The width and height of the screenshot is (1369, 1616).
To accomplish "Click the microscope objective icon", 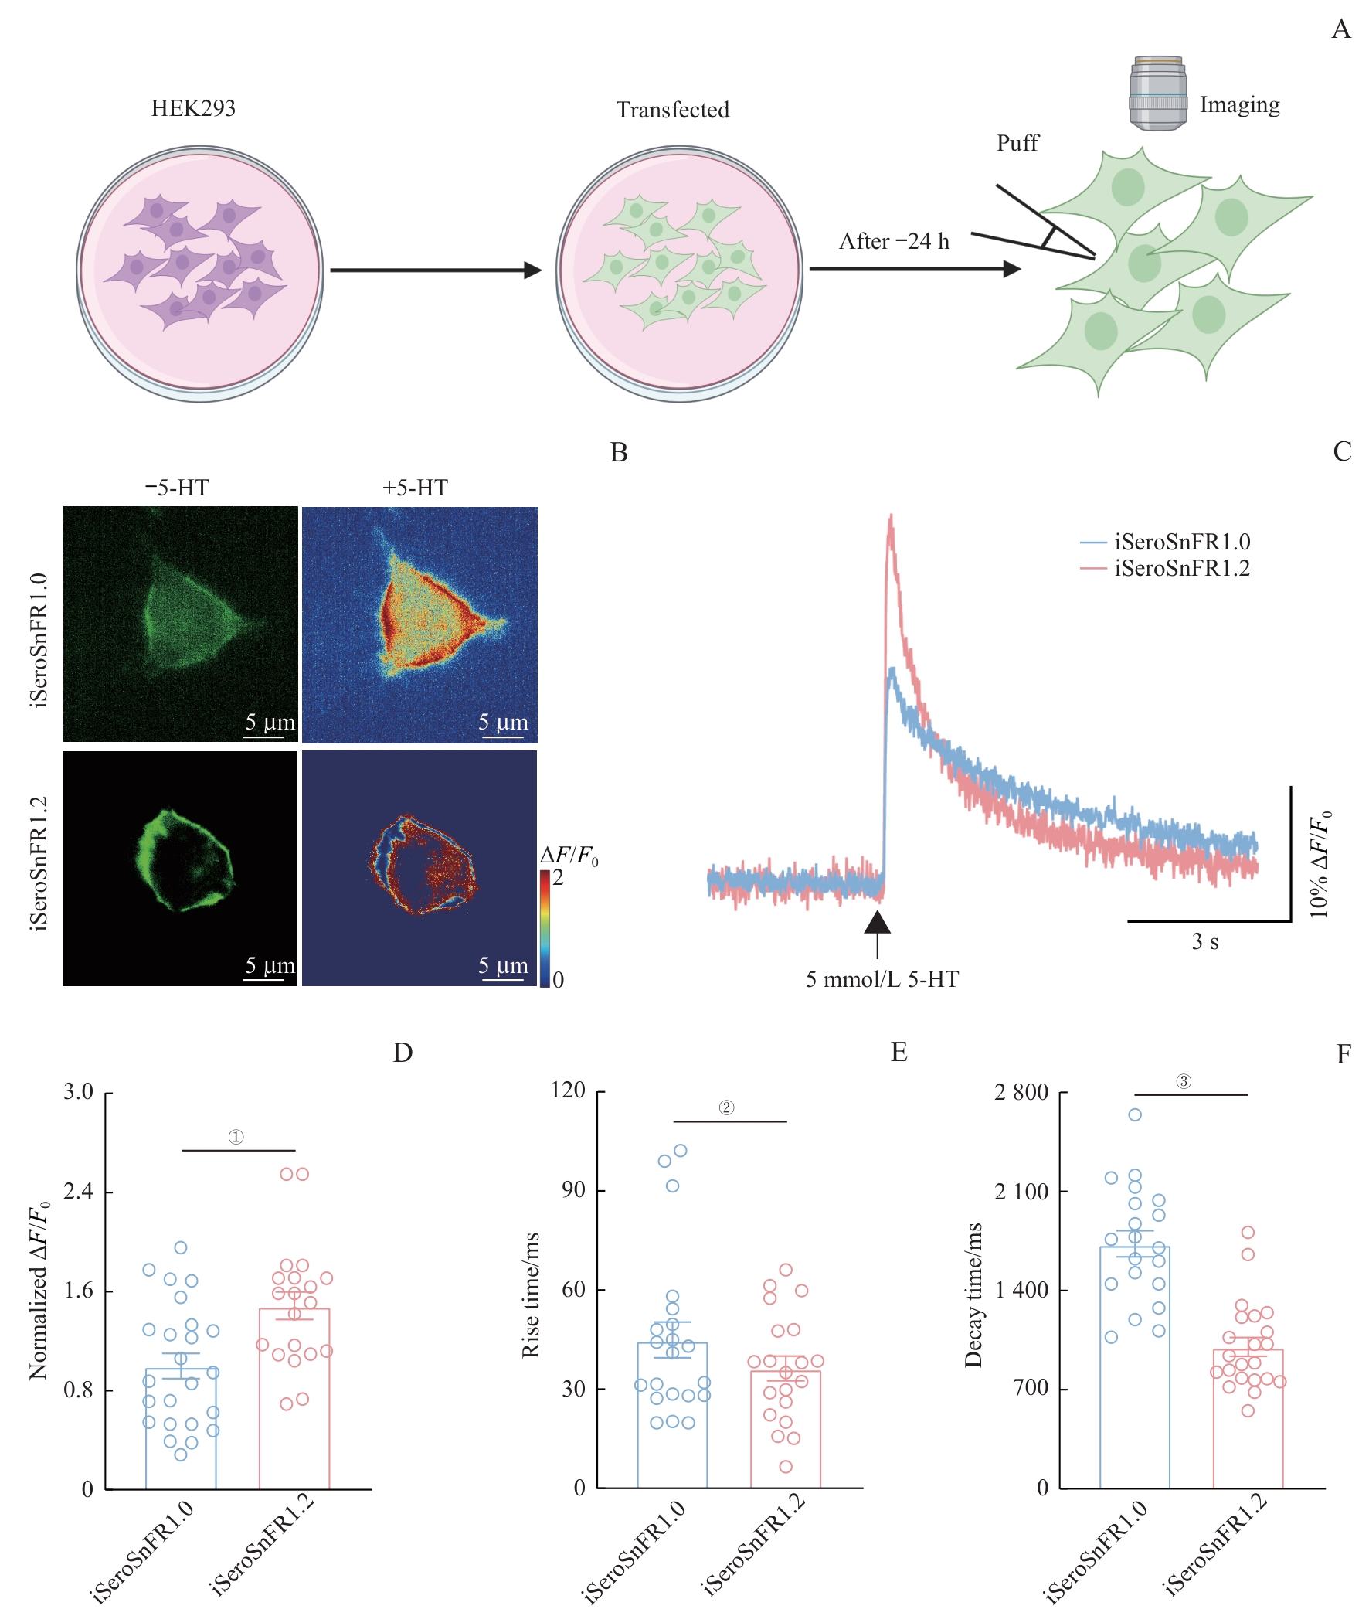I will pyautogui.click(x=1157, y=93).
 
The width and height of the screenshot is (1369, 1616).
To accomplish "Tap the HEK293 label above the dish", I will pyautogui.click(x=192, y=108).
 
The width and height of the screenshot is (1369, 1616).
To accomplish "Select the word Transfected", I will pyautogui.click(x=672, y=111).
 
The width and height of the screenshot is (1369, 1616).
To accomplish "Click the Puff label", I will pyautogui.click(x=1017, y=143).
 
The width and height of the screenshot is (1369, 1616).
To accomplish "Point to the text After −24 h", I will pyautogui.click(x=893, y=241).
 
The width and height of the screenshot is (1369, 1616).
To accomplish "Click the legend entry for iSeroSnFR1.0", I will pyautogui.click(x=1181, y=542).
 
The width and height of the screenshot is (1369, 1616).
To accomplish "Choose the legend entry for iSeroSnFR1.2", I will pyautogui.click(x=1181, y=568).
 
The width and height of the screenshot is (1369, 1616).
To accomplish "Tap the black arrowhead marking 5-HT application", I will pyautogui.click(x=877, y=922).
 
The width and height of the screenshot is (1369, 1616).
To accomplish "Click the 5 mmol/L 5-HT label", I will pyautogui.click(x=882, y=979).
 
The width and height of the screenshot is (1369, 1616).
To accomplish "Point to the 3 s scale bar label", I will pyautogui.click(x=1204, y=941).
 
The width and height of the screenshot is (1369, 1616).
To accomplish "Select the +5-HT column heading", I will pyautogui.click(x=415, y=488).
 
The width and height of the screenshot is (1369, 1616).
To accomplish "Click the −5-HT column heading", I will pyautogui.click(x=177, y=488).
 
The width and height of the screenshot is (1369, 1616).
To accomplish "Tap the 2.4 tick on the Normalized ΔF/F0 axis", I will pyautogui.click(x=77, y=1191).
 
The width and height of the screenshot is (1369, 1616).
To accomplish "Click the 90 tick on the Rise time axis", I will pyautogui.click(x=572, y=1190).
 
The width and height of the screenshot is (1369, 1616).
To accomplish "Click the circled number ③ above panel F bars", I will pyautogui.click(x=1183, y=1081).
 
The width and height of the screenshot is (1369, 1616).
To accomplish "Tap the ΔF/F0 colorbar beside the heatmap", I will pyautogui.click(x=545, y=928).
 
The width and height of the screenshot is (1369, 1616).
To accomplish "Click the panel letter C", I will pyautogui.click(x=1342, y=452).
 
